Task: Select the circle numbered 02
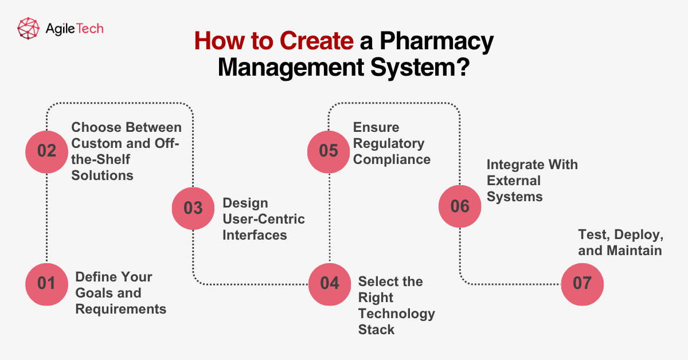click(46, 151)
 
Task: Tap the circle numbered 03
click(193, 208)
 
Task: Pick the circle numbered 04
click(330, 284)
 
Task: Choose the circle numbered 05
click(329, 151)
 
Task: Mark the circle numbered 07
click(582, 284)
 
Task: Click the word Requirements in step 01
click(121, 309)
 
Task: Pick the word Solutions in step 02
click(102, 175)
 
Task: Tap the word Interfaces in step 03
click(255, 235)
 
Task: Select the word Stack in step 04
click(376, 330)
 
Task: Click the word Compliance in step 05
click(392, 159)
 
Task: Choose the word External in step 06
click(514, 181)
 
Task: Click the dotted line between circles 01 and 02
click(46, 218)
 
